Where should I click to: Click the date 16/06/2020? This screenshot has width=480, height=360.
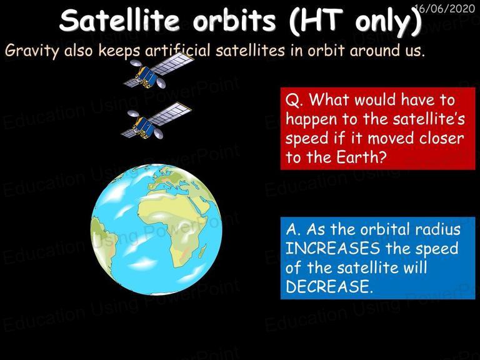pyautogui.click(x=446, y=8)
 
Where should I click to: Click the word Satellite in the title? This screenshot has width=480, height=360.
pyautogui.click(x=119, y=21)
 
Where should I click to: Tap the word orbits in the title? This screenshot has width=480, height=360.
pyautogui.click(x=234, y=21)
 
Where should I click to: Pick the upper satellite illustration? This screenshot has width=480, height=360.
pyautogui.click(x=158, y=71)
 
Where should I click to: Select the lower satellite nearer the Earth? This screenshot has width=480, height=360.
pyautogui.click(x=156, y=121)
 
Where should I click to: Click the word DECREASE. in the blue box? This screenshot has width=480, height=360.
pyautogui.click(x=330, y=286)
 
